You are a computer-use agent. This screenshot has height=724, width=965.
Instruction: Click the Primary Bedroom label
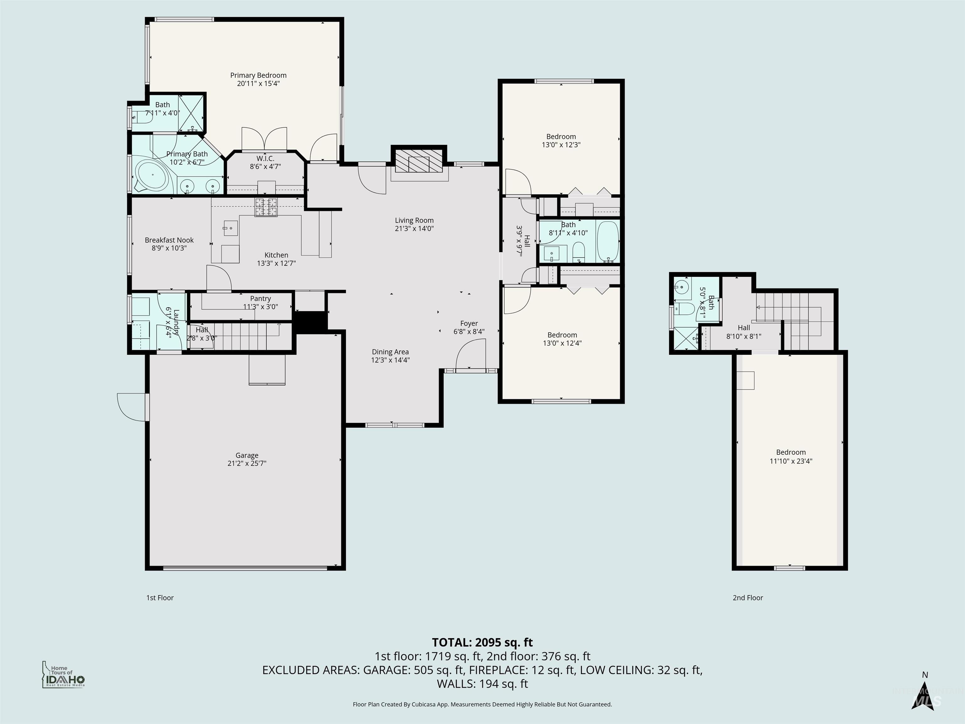pos(258,75)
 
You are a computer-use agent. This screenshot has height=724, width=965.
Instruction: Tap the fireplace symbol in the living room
pos(419,164)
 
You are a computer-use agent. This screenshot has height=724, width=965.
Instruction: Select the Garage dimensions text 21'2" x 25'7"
pos(247,463)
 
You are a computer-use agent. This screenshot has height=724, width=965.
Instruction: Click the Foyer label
pos(469,323)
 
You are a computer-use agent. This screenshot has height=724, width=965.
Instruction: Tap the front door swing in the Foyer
pos(469,356)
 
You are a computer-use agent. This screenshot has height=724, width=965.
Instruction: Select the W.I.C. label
pos(265,158)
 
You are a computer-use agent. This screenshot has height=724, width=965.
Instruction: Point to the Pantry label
pos(260,299)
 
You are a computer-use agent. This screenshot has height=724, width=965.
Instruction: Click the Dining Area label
pos(390,352)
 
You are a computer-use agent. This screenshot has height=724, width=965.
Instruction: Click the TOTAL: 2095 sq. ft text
pos(482,642)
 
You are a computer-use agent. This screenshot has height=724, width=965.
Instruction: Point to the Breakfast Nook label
pos(169,240)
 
